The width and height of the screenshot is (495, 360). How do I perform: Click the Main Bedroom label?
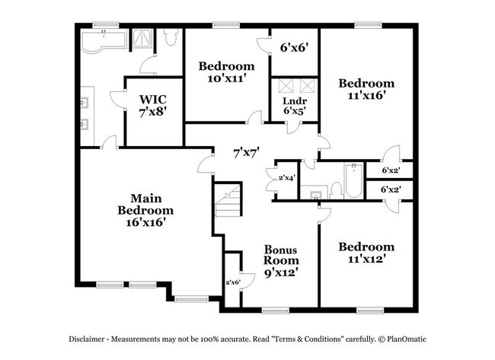[x=145, y=209]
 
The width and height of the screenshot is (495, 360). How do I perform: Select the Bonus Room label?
[x=280, y=260]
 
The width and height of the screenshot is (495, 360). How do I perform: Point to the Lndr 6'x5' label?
[x=295, y=105]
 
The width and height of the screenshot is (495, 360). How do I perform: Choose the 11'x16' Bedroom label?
[x=367, y=89]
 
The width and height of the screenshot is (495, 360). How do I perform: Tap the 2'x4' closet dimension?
[x=287, y=177]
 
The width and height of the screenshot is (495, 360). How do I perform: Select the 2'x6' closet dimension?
[x=232, y=282]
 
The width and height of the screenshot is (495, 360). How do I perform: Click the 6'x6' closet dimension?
[x=294, y=46]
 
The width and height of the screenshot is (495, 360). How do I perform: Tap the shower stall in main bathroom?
[x=142, y=39]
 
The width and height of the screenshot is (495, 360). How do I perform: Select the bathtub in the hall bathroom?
[x=354, y=180]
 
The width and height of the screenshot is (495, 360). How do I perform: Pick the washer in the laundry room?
[x=285, y=85]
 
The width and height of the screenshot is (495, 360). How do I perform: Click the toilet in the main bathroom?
[x=171, y=37]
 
